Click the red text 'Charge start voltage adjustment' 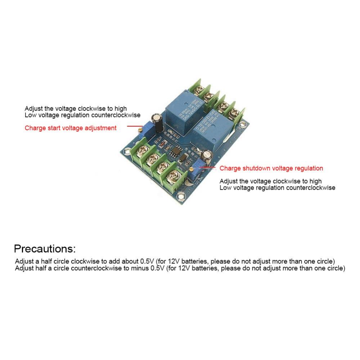(71, 128)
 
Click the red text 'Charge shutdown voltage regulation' (271, 168)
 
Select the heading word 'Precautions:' (45, 249)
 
